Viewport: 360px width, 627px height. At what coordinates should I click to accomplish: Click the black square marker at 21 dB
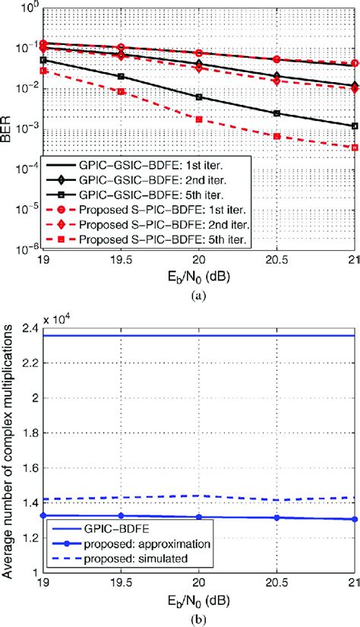(x=355, y=126)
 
